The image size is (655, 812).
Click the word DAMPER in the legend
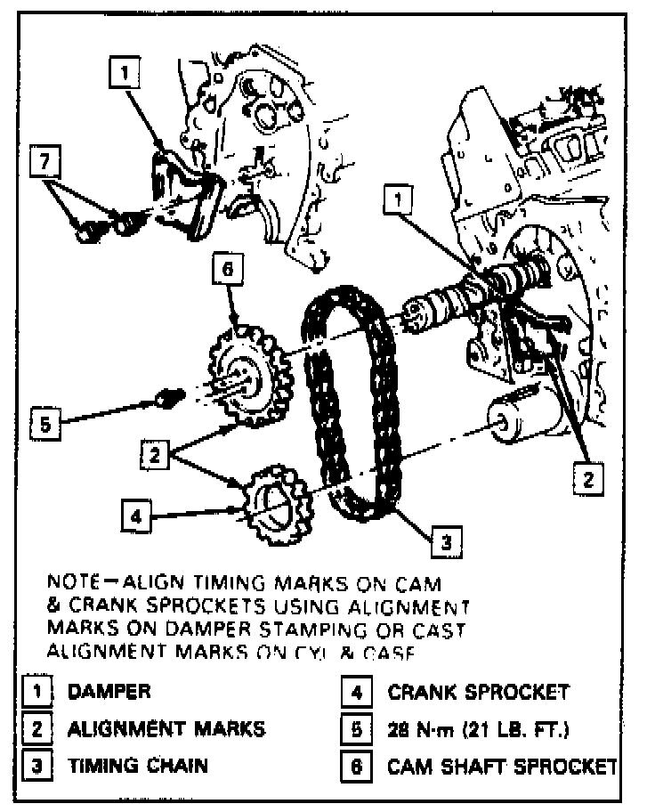tap(109, 692)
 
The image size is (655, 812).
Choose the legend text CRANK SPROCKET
tap(478, 692)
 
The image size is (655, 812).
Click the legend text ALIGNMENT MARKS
tap(166, 729)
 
